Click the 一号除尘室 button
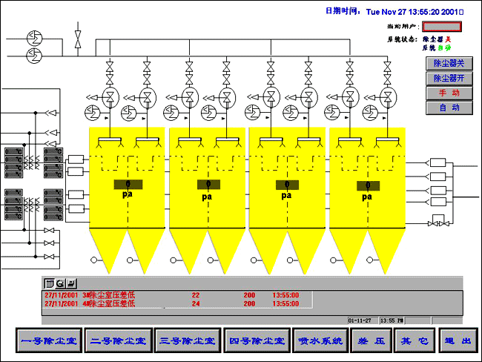click(49, 341)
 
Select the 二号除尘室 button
click(118, 341)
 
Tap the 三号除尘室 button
click(187, 341)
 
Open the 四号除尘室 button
click(257, 341)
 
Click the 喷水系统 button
click(319, 341)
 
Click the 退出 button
click(456, 341)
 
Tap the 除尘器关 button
click(449, 64)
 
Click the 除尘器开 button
click(449, 78)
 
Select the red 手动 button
click(449, 93)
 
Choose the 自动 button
click(449, 108)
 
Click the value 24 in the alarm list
click(196, 303)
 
